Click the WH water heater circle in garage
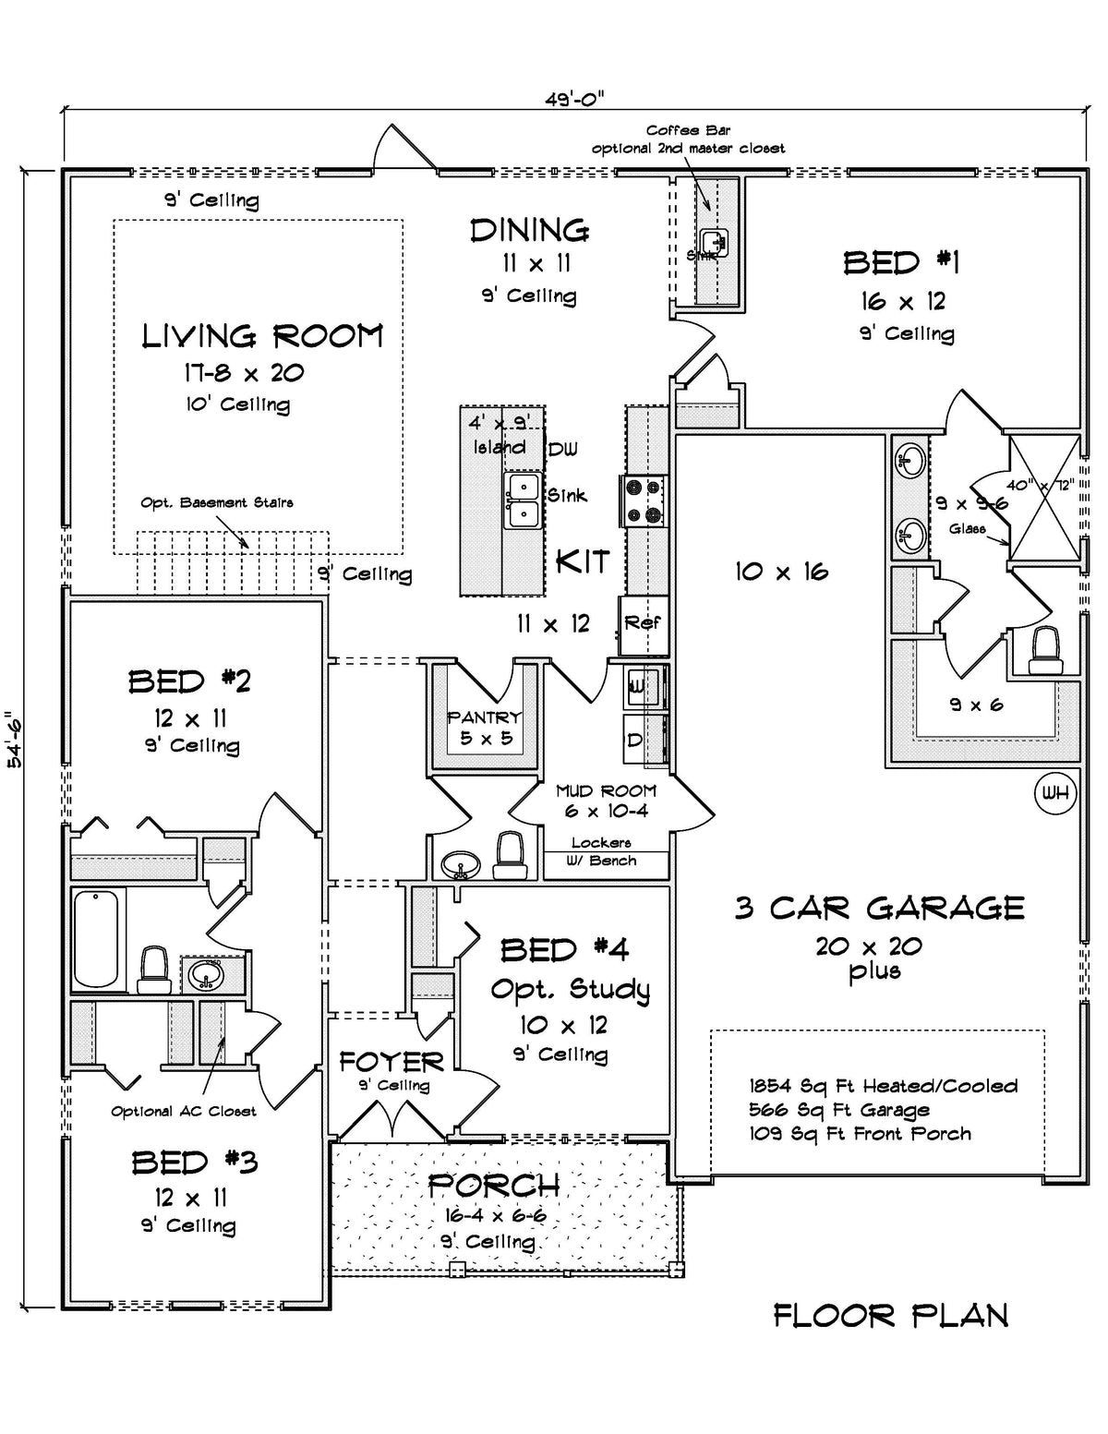(x=1054, y=793)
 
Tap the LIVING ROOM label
(x=262, y=336)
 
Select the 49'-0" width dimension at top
(x=574, y=99)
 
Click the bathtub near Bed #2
(x=97, y=939)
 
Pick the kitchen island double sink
(x=523, y=500)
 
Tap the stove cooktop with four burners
(x=643, y=500)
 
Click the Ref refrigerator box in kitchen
(x=643, y=622)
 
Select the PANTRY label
(x=484, y=717)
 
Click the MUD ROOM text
(x=606, y=790)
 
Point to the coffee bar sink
(x=714, y=242)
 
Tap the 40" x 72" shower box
(x=1043, y=499)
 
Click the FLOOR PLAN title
(x=890, y=1315)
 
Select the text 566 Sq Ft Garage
(x=839, y=1110)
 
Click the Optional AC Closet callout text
(x=184, y=1111)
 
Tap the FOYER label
(x=391, y=1062)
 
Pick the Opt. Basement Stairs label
(x=217, y=503)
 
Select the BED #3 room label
(x=194, y=1162)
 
